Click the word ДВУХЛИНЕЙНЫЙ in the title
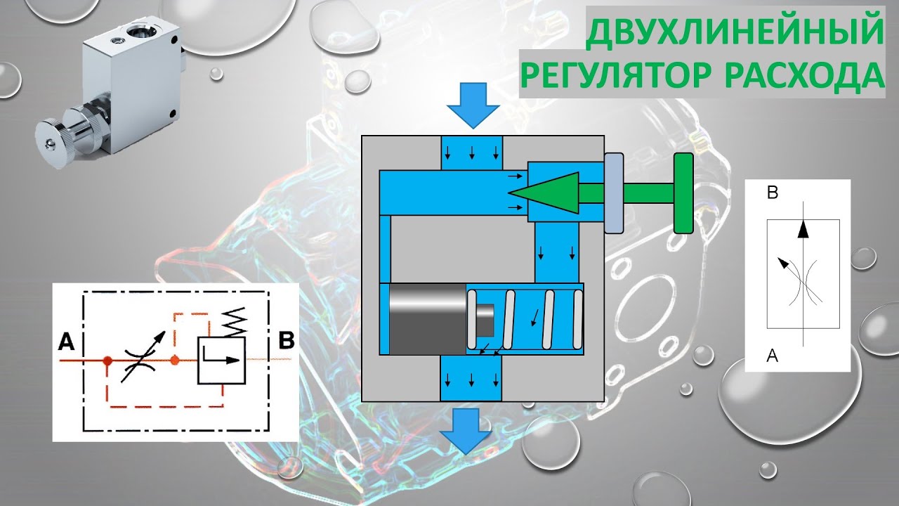pyautogui.click(x=735, y=32)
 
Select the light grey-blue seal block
pyautogui.click(x=613, y=193)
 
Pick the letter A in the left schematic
pyautogui.click(x=67, y=342)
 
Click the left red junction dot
pyautogui.click(x=107, y=361)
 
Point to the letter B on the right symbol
pyautogui.click(x=772, y=195)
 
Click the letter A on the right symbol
pyautogui.click(x=772, y=356)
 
